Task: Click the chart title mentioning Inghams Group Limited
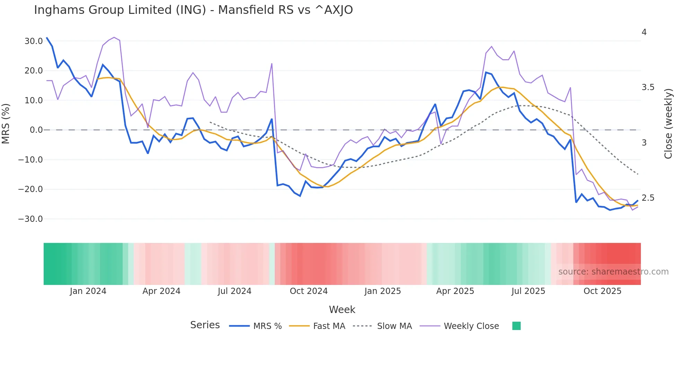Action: point(193,10)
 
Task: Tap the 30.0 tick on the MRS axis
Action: point(34,41)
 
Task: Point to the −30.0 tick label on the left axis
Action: point(30,219)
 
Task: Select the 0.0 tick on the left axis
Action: point(36,130)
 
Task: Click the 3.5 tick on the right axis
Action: point(648,87)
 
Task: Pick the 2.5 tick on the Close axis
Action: point(648,198)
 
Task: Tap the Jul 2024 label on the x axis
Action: point(235,291)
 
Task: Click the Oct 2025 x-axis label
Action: point(602,291)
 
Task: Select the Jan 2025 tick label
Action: point(382,291)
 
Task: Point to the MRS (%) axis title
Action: point(6,123)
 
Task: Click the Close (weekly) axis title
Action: point(668,124)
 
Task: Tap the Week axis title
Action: point(342,310)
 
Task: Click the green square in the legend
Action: point(516,326)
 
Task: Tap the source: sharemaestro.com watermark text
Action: point(613,272)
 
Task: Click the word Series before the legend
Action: point(205,325)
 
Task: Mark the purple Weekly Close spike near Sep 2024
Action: point(272,64)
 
